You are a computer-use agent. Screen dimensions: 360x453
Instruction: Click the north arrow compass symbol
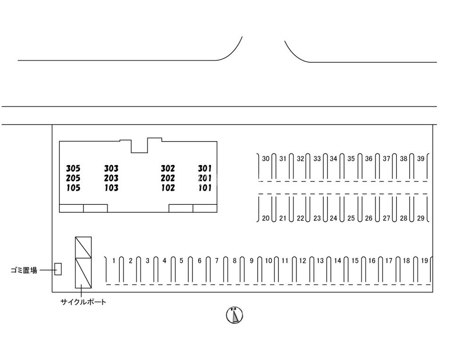click(234, 315)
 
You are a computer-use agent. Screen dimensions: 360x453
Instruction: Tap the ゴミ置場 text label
click(24, 270)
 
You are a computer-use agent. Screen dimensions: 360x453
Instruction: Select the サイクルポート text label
click(83, 302)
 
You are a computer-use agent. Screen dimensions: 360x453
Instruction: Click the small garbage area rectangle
click(58, 269)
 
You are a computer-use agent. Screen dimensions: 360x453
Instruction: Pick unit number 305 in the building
click(73, 168)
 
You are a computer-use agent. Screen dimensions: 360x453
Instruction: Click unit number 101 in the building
click(205, 188)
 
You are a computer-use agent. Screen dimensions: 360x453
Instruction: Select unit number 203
click(111, 178)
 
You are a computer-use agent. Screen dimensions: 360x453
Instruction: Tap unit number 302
click(168, 168)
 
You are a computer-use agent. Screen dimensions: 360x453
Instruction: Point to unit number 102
click(168, 188)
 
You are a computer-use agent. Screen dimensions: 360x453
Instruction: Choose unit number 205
click(73, 178)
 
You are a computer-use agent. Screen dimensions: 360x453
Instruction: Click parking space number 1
click(114, 260)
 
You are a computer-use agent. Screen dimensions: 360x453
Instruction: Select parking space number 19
click(424, 260)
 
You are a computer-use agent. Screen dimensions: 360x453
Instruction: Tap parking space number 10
click(268, 260)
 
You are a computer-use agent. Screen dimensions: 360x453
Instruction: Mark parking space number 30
click(266, 159)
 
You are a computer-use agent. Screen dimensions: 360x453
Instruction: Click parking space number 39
click(421, 159)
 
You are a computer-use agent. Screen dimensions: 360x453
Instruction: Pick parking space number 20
click(266, 218)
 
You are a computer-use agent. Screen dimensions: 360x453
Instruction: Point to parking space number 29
click(421, 218)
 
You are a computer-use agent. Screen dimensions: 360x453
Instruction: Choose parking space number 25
click(351, 218)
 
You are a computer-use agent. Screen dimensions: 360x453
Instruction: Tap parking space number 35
click(351, 159)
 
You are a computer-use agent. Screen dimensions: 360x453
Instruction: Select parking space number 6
click(200, 260)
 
